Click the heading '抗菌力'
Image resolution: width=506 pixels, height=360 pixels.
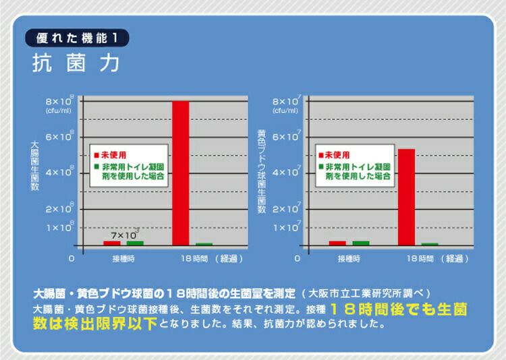[x=76, y=64]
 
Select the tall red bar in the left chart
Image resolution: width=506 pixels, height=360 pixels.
[x=180, y=172]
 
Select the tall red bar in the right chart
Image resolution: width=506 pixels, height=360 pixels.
[x=406, y=196]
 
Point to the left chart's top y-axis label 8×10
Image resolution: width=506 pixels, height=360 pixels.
[x=58, y=101]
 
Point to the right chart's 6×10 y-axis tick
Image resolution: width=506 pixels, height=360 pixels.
[x=284, y=138]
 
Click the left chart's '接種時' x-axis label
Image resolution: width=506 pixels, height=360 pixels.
[x=123, y=258]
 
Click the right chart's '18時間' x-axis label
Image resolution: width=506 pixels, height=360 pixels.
[x=416, y=258]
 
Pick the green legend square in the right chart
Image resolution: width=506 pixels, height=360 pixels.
[x=322, y=165]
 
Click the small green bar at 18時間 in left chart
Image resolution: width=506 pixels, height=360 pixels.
[x=204, y=244]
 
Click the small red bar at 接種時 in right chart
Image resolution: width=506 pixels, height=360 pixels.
[x=337, y=243]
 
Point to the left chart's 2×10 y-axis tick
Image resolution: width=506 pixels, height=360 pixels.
[x=58, y=210]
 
